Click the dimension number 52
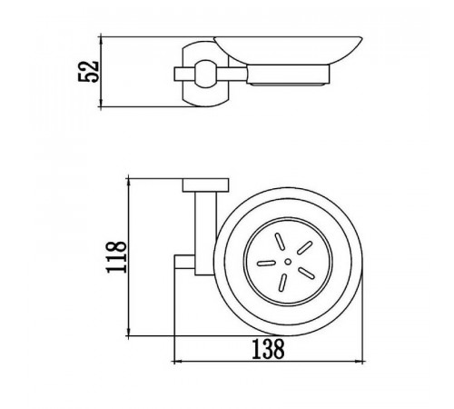[x=88, y=72]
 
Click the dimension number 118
[x=116, y=257]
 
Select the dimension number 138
[x=268, y=349]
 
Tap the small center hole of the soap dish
[x=288, y=262]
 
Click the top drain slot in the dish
[x=280, y=242]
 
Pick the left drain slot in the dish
[x=266, y=263]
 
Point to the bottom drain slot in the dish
[x=282, y=283]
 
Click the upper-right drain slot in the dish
[x=304, y=247]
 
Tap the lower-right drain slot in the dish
[x=306, y=273]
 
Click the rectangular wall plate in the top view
[x=205, y=185]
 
